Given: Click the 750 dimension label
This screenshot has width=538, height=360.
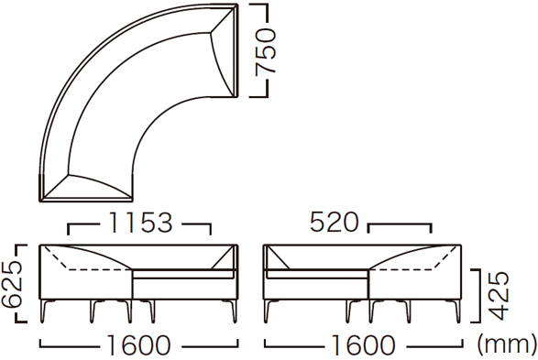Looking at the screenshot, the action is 266,51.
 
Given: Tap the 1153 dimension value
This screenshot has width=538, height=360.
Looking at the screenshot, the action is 140,223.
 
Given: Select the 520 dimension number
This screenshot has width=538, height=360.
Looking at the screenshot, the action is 334,223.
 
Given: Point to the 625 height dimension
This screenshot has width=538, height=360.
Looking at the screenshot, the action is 11,283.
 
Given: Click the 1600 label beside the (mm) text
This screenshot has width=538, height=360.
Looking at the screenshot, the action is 364,345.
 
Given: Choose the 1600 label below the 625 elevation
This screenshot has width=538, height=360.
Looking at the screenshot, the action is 138,345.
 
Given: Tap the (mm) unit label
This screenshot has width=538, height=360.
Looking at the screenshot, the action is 507,344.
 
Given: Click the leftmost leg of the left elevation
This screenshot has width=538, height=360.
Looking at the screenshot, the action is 44,311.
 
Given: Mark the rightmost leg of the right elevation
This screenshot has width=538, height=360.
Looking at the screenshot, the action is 457,311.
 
